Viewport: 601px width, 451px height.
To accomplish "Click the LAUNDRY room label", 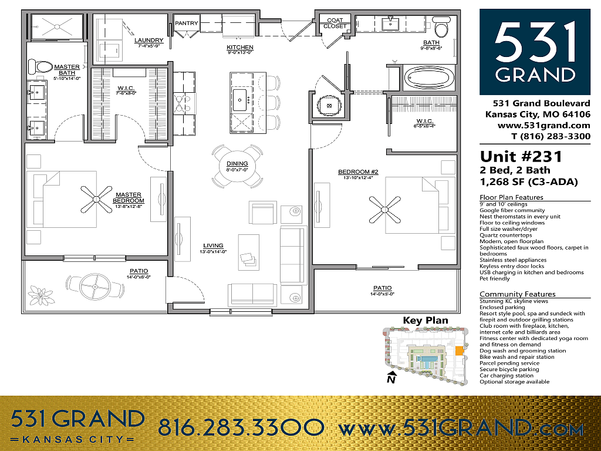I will point(148,41).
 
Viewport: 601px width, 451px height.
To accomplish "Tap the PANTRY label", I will point(187,23).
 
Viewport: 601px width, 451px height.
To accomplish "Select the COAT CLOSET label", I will point(335,23).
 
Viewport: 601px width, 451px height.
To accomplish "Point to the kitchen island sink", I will point(241,100).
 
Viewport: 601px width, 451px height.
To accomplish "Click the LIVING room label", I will point(213,245).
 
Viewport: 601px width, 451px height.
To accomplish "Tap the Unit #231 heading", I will point(521,156).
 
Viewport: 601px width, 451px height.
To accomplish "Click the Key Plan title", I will point(425,321).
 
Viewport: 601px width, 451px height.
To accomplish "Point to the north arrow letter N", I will point(390,379).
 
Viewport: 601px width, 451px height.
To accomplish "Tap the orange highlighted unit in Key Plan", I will point(459,351).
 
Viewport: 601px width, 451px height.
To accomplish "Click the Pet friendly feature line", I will point(494,278).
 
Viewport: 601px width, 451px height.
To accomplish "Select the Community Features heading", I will point(517,294).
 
